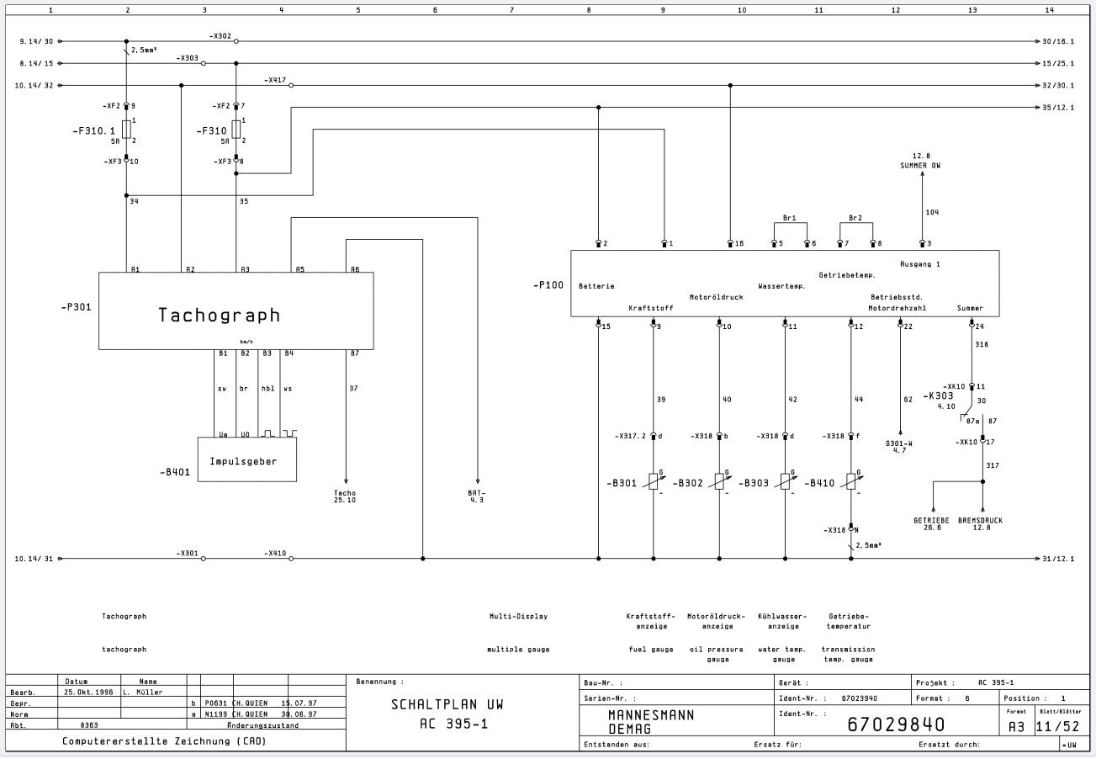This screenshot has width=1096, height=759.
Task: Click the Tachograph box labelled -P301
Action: tap(236, 310)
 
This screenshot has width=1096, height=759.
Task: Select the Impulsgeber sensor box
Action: tap(246, 459)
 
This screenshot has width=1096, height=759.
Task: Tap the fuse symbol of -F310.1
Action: tap(126, 129)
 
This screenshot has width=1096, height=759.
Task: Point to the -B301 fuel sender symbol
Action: tap(654, 481)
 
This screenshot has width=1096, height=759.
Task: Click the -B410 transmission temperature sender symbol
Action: tap(850, 481)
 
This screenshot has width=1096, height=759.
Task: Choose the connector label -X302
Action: tap(220, 36)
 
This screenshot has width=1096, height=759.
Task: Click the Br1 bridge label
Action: tap(789, 218)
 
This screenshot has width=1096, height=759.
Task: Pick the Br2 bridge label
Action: tap(855, 218)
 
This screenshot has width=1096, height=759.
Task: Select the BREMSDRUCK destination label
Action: tap(980, 520)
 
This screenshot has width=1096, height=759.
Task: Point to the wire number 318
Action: tap(981, 345)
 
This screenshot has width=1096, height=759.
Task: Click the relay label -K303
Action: tap(938, 395)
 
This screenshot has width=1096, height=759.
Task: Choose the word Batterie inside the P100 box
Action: tap(596, 286)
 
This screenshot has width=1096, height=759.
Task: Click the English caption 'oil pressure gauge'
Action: tap(716, 654)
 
